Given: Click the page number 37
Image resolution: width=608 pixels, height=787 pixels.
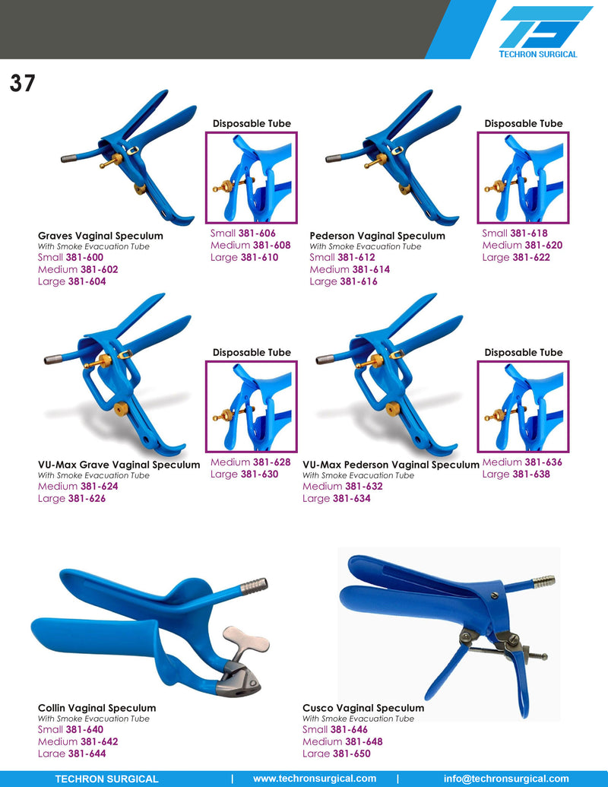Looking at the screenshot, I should pos(23,83).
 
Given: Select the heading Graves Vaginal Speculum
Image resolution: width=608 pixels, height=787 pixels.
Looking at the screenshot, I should pos(100,236).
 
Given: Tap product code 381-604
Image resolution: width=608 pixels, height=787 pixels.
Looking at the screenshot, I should pos(87,281).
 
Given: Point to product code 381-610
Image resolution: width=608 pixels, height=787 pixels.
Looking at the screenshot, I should pos(259,257).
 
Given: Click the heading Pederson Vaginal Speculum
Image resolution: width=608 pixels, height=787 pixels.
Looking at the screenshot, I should pos(377,236).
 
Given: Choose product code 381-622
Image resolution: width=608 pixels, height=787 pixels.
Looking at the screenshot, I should pos(530,257).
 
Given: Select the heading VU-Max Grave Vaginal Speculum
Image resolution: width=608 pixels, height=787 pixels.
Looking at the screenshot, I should pos(119,465).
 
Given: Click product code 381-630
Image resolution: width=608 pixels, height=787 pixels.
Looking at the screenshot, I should pos(259,474).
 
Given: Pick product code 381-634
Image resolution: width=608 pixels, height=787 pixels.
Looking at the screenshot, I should pos(351,498).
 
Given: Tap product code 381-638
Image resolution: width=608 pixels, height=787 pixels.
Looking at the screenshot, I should pos(530,474).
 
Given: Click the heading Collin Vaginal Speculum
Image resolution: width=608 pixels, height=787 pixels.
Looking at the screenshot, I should pos(97,708).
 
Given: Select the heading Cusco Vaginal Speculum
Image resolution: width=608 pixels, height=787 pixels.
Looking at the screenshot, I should pos(363,708).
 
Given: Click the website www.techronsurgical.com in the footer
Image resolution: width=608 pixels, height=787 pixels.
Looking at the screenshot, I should pos(314,779).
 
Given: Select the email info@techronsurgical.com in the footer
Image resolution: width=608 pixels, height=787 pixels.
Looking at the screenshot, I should pos(506,779).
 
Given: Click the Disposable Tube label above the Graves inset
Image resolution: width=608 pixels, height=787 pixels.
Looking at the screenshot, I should pos(252,123).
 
